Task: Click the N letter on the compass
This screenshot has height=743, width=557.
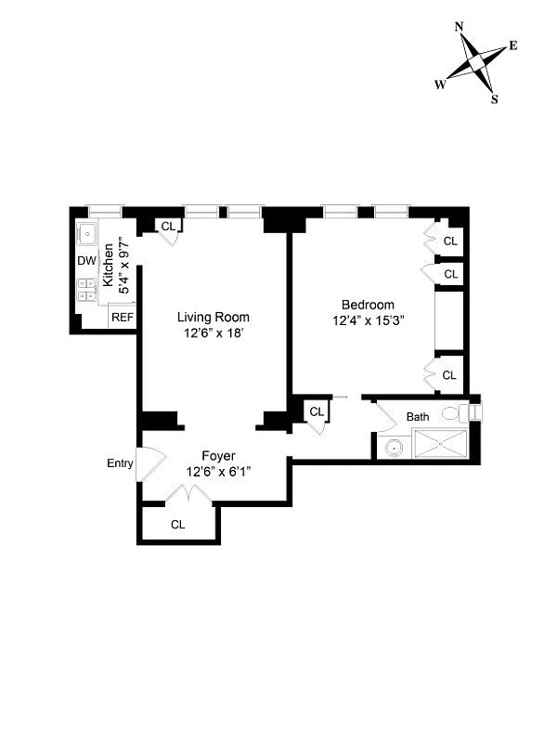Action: coord(460,26)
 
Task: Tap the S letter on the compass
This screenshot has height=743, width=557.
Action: coord(494,100)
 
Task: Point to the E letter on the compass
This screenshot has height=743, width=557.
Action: coord(512,46)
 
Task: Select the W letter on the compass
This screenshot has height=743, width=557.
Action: coord(439,84)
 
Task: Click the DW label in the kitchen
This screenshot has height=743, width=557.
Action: coord(86,260)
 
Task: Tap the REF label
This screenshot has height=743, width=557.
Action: coord(122,318)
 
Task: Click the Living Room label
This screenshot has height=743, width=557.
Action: coord(214,317)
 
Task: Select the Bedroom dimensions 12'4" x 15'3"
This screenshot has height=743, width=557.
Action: coord(368,320)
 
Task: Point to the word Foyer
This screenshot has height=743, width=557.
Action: coord(219,456)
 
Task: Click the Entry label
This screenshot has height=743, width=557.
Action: coord(121,463)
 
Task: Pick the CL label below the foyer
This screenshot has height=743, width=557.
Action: coord(177,524)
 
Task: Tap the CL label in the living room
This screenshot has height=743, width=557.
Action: coord(168,226)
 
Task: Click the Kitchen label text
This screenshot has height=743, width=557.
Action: coord(109,265)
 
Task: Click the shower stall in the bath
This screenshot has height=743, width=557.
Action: coord(442,445)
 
